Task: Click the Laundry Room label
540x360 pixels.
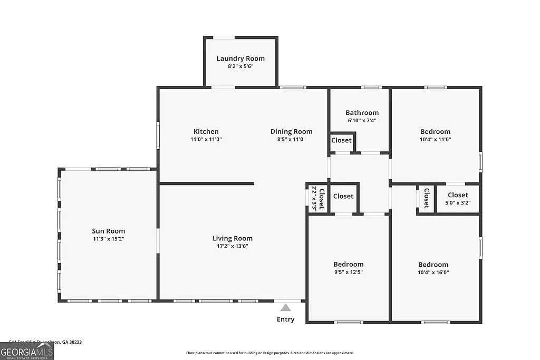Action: [x=240, y=59]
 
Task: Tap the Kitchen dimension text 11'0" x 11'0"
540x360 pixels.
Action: [x=206, y=140]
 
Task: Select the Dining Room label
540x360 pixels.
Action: [x=291, y=132]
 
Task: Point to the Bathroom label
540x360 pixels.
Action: [x=362, y=113]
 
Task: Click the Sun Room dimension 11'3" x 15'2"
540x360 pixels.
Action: [x=108, y=239]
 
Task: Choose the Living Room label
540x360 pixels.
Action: [x=232, y=238]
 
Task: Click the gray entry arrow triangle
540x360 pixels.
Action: [x=285, y=307]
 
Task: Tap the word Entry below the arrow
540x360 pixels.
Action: [x=285, y=319]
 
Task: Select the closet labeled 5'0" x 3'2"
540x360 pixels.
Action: [x=458, y=198]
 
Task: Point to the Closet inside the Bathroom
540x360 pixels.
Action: [x=341, y=141]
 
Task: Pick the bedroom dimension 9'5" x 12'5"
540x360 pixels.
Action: [x=348, y=272]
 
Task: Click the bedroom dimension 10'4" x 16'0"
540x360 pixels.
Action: [x=433, y=273]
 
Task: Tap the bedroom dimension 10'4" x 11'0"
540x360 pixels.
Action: [x=435, y=140]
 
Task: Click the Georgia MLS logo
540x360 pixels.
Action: [x=27, y=351]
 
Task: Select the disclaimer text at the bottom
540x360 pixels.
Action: [x=269, y=353]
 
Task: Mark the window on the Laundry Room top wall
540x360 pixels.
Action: [x=224, y=37]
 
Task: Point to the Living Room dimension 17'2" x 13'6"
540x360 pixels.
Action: [x=232, y=246]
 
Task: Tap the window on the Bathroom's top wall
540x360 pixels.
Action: [x=371, y=87]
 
